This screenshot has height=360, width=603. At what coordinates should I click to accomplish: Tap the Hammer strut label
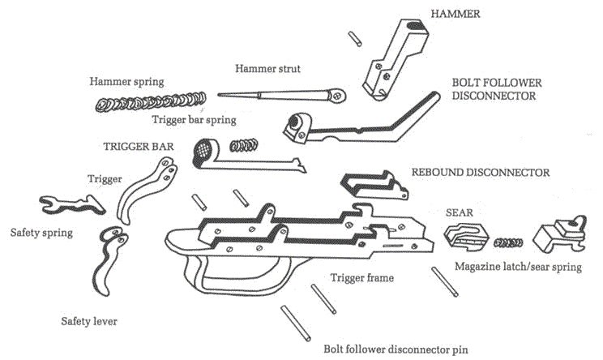tap(267, 69)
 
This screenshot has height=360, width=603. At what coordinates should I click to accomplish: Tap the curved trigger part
tap(148, 186)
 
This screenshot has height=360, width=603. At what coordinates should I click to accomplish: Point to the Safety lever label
tap(88, 322)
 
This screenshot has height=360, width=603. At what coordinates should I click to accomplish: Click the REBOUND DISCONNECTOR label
tap(481, 173)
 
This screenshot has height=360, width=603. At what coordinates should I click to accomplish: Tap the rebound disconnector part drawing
tap(372, 186)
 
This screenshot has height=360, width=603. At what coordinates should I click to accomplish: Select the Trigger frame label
tap(361, 278)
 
